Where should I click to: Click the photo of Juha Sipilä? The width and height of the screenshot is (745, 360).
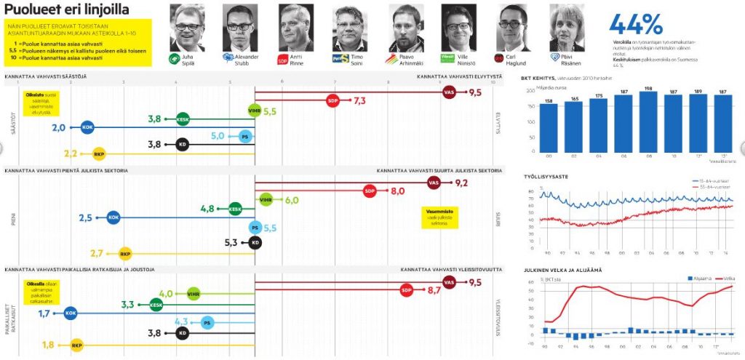click(187, 28)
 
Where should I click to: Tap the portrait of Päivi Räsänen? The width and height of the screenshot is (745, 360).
click(567, 28)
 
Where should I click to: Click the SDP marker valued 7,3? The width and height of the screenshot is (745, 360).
click(333, 101)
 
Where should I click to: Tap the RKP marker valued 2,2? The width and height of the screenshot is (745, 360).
click(99, 153)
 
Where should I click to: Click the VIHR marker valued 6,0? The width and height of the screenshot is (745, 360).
click(266, 200)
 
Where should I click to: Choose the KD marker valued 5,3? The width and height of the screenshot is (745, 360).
click(255, 242)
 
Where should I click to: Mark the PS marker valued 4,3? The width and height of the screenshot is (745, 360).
click(207, 321)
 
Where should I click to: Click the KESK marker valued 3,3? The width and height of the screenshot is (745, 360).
click(156, 305)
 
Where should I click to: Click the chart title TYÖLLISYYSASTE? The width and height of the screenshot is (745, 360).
click(547, 177)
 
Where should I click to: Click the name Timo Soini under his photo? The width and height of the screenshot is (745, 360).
click(354, 57)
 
